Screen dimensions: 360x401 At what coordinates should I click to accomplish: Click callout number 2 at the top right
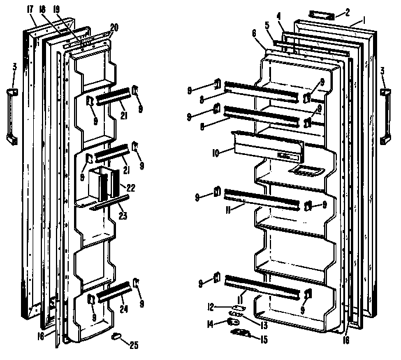[348, 12]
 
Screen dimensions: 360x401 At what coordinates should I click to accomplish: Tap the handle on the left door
[12, 116]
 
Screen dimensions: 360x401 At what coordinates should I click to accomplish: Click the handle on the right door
[385, 116]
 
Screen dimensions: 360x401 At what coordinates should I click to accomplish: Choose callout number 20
[114, 27]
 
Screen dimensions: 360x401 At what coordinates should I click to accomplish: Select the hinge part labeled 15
[241, 331]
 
